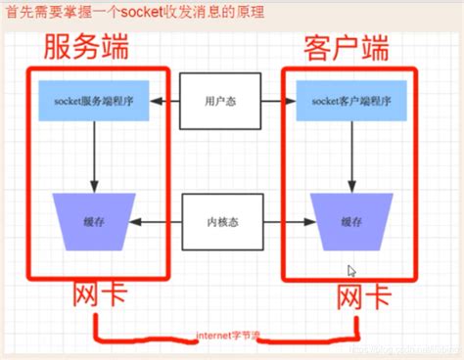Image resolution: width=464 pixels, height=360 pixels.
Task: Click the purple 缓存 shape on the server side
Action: coord(95,222)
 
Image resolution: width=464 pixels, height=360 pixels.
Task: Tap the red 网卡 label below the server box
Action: coord(99,294)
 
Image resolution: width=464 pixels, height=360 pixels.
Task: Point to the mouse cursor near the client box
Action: coord(351,270)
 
